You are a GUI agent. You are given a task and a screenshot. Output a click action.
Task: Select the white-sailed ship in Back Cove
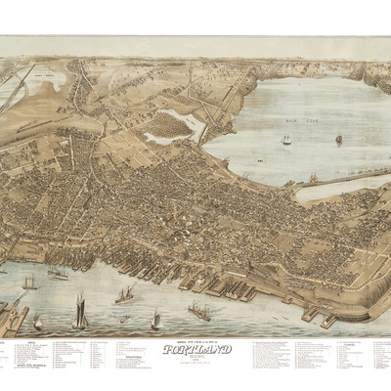(286, 140)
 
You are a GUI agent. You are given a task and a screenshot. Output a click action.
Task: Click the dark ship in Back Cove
(339, 139)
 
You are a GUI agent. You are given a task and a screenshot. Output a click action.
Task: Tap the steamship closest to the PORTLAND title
(198, 312)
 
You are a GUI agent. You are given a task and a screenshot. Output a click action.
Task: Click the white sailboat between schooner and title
(154, 320)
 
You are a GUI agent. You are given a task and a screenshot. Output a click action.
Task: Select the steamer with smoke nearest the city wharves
(124, 293)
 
